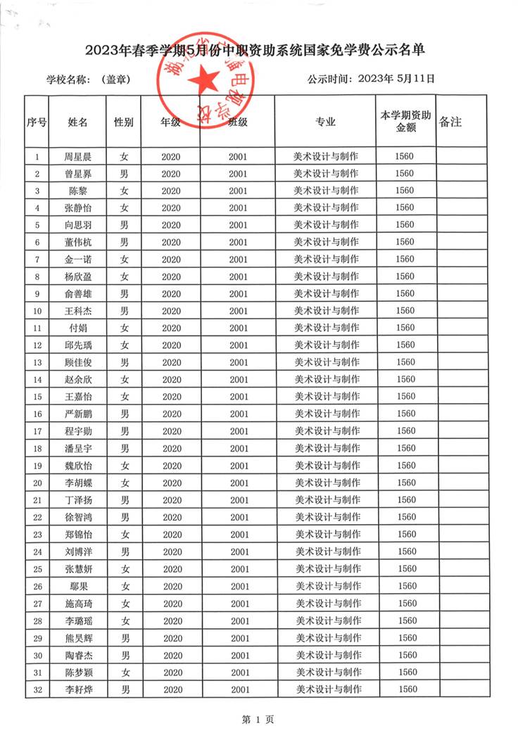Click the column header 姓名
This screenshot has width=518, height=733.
77,122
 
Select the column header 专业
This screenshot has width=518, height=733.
325,122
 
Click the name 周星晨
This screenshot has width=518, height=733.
77,156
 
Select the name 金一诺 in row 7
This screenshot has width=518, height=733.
77,260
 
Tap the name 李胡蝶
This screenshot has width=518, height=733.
77,483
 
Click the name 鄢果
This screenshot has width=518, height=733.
77,587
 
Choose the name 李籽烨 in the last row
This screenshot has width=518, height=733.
77,690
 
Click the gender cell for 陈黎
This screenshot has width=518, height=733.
123,191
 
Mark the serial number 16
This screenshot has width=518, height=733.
37,414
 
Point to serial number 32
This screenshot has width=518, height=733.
37,690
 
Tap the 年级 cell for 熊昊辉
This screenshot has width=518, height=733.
172,638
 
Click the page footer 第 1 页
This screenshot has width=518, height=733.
258,719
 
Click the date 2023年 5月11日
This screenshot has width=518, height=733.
396,79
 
